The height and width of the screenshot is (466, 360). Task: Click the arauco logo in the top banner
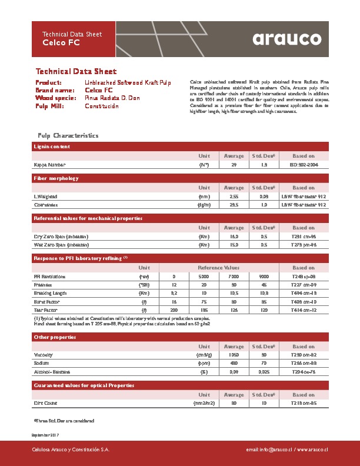point(287,38)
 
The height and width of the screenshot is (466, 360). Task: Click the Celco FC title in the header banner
point(56,43)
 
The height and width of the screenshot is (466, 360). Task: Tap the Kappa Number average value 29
point(234,165)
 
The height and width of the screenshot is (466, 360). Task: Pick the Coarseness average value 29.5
point(234,205)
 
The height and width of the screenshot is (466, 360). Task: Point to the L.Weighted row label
point(46,196)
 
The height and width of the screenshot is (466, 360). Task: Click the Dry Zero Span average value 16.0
point(234,236)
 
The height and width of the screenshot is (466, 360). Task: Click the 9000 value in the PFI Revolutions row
point(264,276)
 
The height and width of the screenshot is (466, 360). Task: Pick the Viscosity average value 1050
point(234,355)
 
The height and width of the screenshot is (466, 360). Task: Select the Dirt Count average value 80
point(234,403)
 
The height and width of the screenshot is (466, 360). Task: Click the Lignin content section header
point(52,147)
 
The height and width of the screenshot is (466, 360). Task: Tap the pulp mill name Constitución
point(102,106)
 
